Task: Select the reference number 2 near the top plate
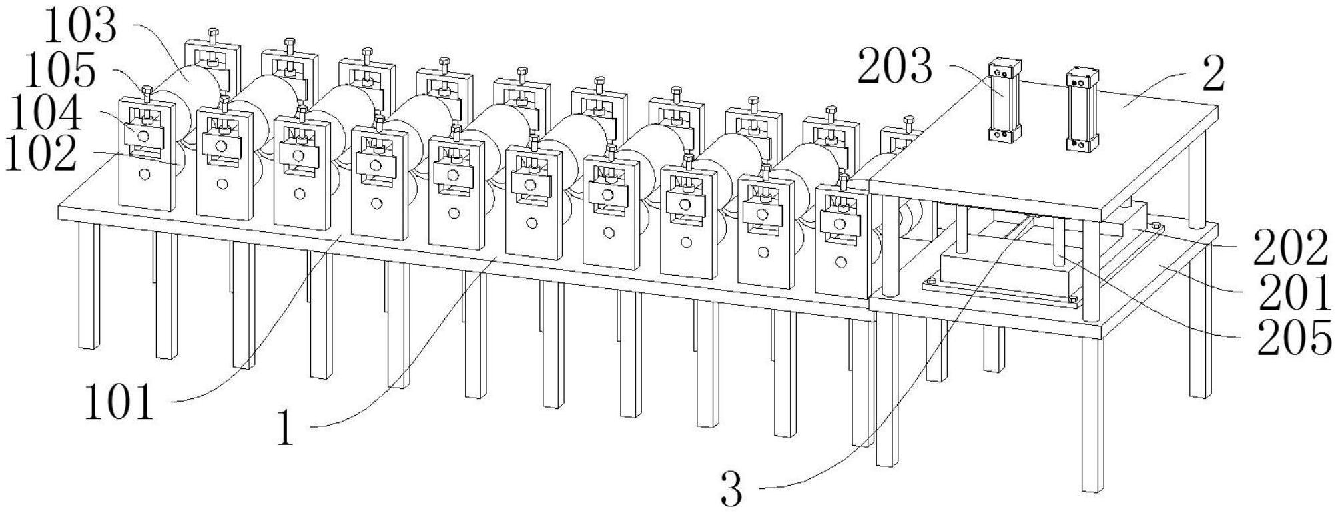coord(1213,75)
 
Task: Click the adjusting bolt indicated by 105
coord(147,93)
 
